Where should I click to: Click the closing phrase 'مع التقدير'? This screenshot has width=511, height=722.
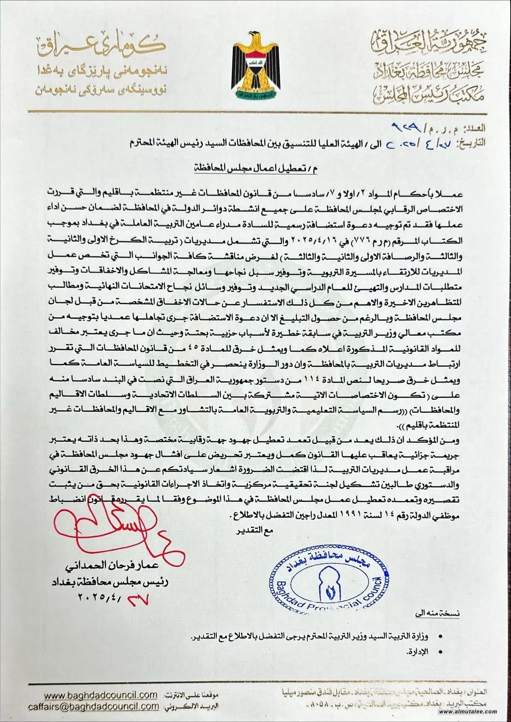point(255,531)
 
